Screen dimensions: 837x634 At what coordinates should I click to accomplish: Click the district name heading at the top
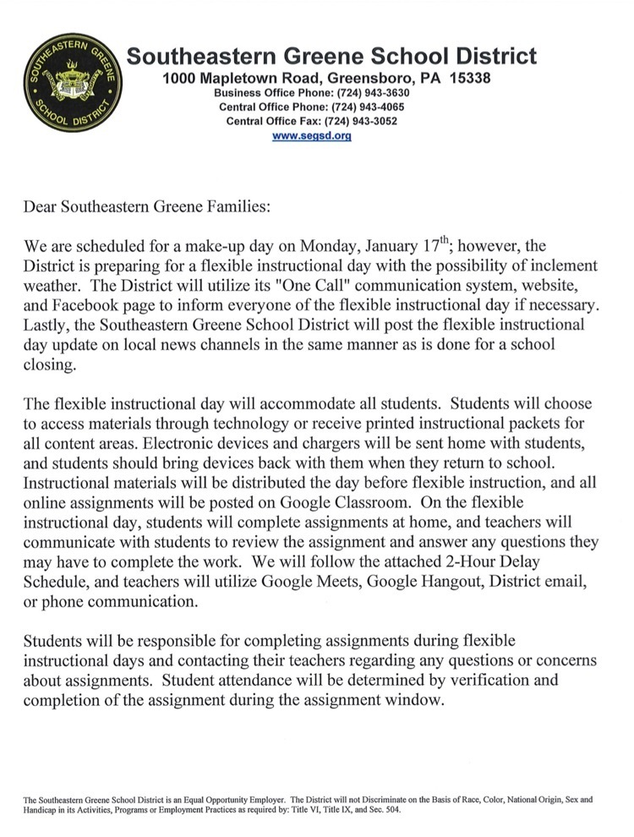pos(331,57)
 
